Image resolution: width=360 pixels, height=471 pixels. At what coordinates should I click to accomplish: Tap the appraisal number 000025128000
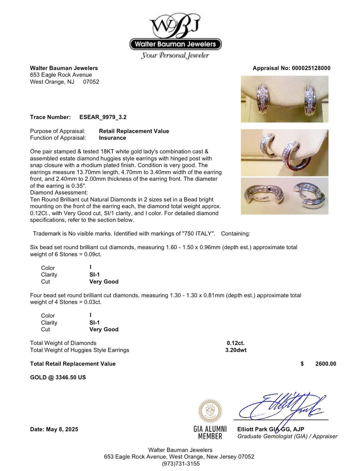(308, 68)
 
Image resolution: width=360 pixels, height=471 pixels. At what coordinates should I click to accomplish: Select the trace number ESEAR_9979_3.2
(103, 117)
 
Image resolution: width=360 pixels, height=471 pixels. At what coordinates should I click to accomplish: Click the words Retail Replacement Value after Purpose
(134, 131)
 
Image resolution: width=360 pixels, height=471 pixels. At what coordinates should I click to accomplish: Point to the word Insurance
(112, 138)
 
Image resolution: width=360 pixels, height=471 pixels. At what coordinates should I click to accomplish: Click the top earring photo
(284, 99)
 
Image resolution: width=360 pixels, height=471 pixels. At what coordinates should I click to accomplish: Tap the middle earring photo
(284, 153)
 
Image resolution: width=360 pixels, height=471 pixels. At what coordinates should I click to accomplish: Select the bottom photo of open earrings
(284, 196)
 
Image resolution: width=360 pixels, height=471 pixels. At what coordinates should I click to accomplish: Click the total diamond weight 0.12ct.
(235, 343)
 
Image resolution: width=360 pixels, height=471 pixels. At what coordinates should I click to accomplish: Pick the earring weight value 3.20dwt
(236, 350)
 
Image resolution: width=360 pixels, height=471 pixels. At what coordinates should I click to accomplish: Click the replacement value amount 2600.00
(326, 364)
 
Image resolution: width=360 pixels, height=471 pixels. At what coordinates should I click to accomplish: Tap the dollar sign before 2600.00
(302, 364)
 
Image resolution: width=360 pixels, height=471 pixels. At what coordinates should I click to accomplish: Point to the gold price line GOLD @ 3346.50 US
(58, 377)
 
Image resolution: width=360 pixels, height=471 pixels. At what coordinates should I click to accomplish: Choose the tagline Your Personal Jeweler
(175, 56)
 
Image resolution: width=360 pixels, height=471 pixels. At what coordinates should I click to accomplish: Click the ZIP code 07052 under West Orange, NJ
(91, 82)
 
